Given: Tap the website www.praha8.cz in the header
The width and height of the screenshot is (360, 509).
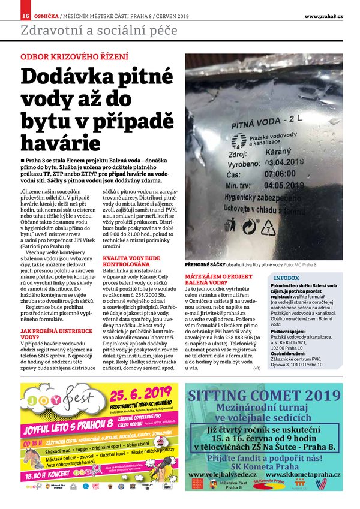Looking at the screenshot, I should [323, 16].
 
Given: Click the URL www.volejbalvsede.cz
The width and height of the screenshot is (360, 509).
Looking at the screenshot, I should [223, 474].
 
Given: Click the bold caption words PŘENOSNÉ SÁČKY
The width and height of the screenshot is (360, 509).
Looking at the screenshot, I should [206, 264].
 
